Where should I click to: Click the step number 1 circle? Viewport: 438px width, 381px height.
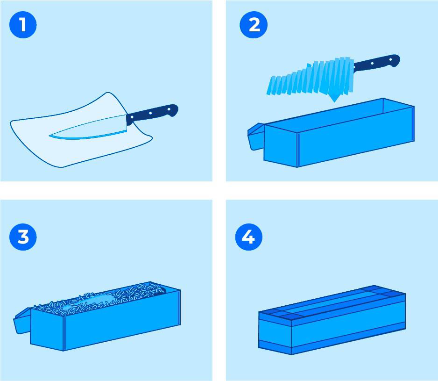23,25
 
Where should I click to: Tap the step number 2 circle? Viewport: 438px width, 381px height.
254,25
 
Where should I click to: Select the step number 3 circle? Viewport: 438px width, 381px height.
23,237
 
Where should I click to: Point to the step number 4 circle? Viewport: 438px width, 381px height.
248,237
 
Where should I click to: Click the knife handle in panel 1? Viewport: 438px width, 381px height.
152,113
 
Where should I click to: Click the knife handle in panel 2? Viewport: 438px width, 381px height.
376,63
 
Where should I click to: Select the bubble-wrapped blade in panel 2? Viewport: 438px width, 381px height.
310,79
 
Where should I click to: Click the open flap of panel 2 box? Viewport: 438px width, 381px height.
256,137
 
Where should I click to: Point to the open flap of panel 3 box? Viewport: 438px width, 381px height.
22,321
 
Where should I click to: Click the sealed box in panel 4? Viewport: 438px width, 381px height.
332,320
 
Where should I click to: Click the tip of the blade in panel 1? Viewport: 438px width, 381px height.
49,136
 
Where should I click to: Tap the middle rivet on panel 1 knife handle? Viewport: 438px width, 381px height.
150,114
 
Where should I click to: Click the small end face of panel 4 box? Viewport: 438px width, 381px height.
275,333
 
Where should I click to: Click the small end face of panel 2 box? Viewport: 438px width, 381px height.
281,146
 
